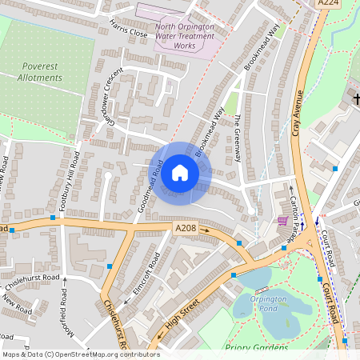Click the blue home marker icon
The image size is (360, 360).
pyautogui.click(x=180, y=173)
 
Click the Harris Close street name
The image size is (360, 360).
pyautogui.click(x=129, y=29)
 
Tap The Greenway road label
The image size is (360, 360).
pyautogui.click(x=238, y=139)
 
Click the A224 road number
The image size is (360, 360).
pyautogui.click(x=328, y=4)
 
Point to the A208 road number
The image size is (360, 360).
pyautogui.click(x=186, y=228)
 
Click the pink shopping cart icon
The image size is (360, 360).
pyautogui.click(x=282, y=221)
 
